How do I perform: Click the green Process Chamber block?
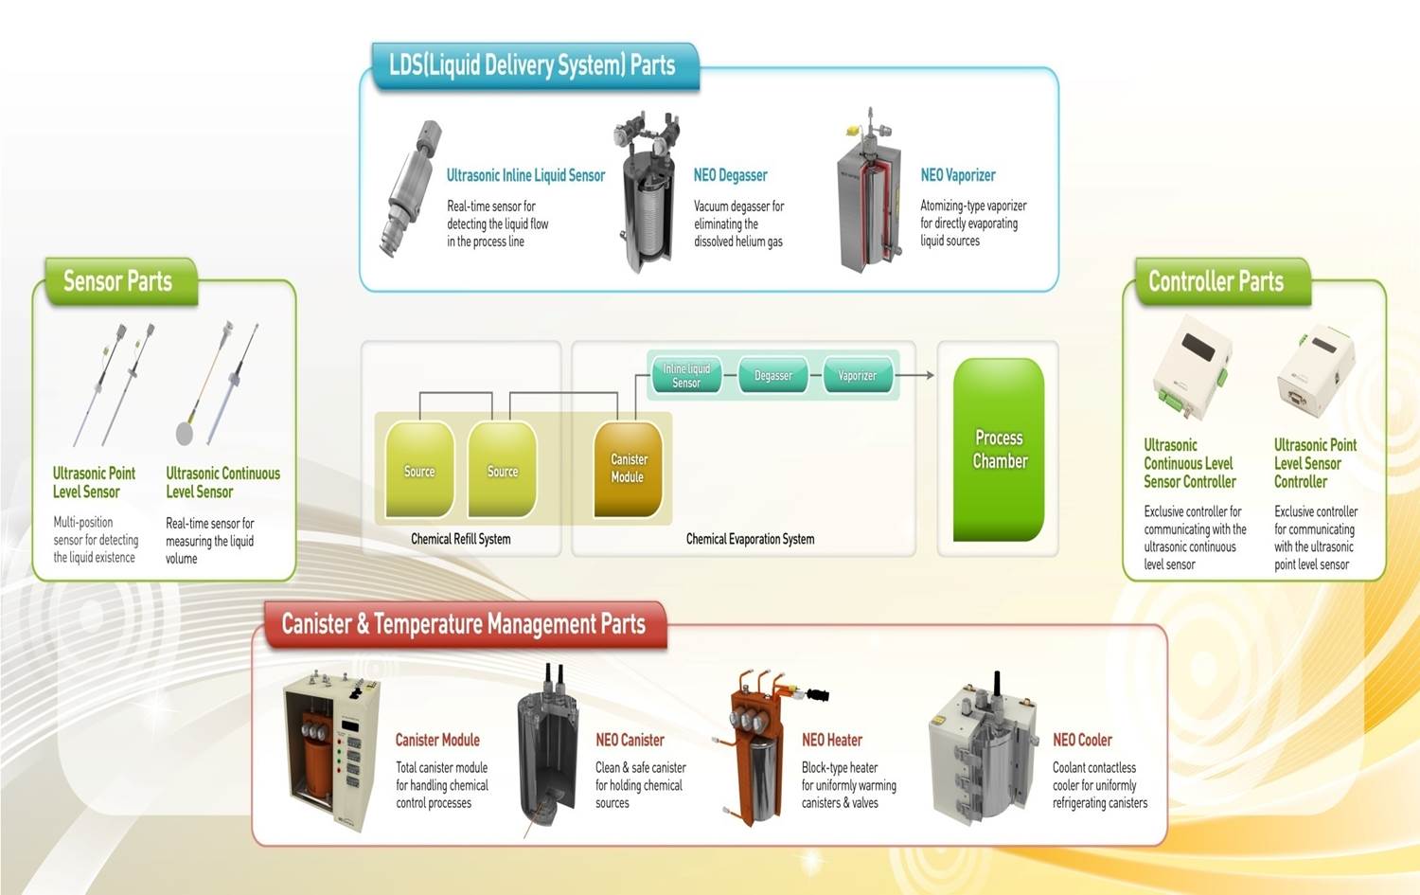click(999, 449)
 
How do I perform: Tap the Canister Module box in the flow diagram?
click(628, 468)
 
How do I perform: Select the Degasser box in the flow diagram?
click(772, 376)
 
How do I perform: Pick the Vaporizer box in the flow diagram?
click(857, 376)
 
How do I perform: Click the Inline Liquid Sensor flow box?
click(686, 376)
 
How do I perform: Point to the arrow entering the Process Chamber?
click(916, 376)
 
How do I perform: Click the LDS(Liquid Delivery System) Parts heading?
click(533, 65)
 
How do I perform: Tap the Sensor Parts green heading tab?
click(118, 281)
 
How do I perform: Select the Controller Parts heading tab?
click(1216, 281)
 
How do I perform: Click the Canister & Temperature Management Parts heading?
click(464, 624)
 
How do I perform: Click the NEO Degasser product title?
click(730, 175)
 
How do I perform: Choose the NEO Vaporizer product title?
click(958, 175)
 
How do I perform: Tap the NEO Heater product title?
click(832, 740)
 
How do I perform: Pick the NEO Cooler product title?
click(1082, 740)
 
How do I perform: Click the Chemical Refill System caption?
click(461, 539)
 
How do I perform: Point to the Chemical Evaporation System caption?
click(750, 539)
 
